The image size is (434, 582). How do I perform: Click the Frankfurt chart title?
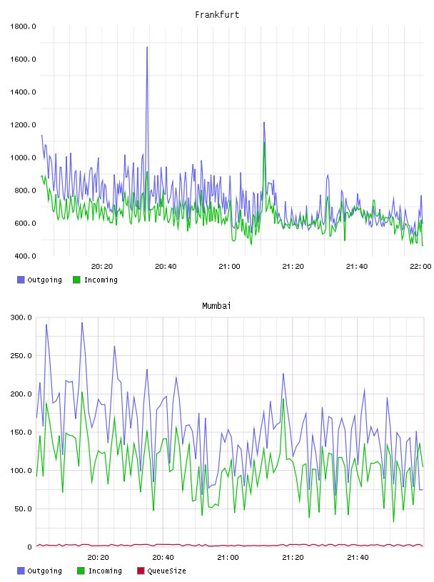click(217, 15)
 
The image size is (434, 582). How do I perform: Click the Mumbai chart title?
click(216, 306)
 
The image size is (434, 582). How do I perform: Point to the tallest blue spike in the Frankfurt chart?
click(147, 47)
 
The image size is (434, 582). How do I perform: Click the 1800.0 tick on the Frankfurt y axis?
click(23, 26)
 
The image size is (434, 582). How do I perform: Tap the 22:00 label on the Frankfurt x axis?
click(420, 267)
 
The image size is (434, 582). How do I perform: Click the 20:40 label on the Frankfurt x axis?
click(166, 267)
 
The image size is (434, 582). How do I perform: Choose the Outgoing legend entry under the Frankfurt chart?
click(40, 280)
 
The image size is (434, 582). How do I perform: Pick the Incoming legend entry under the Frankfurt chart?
click(96, 280)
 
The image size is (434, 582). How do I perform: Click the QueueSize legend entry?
click(161, 571)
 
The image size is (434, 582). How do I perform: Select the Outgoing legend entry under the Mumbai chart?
click(40, 571)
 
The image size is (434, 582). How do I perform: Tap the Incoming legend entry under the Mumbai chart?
click(100, 571)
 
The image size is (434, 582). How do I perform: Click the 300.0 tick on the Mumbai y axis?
click(21, 317)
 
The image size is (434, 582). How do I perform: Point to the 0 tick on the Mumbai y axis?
click(30, 547)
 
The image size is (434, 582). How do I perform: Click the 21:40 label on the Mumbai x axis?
click(358, 558)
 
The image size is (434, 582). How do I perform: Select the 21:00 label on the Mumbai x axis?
click(228, 558)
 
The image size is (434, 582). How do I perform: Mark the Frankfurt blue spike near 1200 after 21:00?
click(264, 123)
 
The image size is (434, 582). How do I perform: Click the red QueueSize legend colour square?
click(141, 571)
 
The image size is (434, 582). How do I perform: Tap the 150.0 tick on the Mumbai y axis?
click(21, 432)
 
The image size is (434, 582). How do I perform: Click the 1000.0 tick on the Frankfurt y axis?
click(23, 158)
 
